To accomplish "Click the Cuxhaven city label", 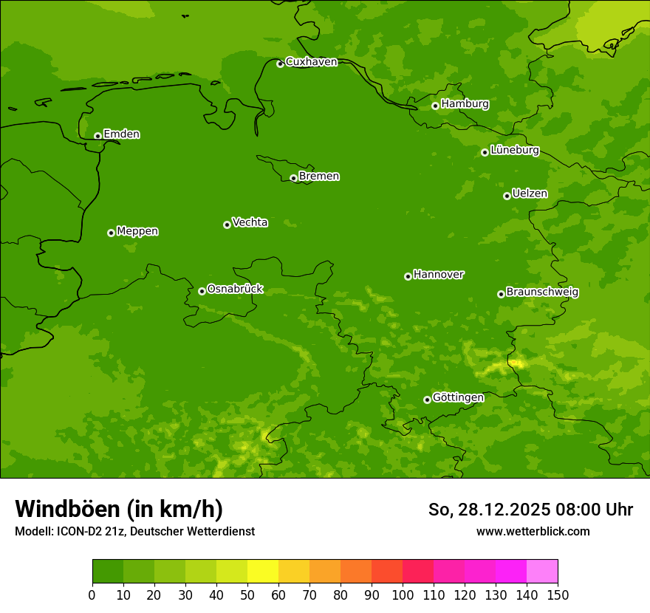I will point(311,62).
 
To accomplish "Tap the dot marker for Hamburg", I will point(435,106).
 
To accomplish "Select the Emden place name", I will point(121,134).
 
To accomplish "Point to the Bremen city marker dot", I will point(293,178).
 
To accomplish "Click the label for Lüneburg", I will point(515,150).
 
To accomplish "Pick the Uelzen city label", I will point(530,194).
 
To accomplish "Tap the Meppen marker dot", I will point(111,233).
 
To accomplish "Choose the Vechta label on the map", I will point(250,222).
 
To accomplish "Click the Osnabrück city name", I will point(235,289).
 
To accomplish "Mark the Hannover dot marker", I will point(408,276).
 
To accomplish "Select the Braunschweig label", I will point(542,292).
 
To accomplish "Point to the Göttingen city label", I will point(458,397).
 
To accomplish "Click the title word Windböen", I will point(67,509).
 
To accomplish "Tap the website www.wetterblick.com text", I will point(533,531).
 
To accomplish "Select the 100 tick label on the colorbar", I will point(403,595).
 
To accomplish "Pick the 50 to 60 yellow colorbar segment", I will point(263,572).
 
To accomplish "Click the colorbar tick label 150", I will point(558,595).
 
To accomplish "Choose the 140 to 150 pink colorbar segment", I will point(542,572).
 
